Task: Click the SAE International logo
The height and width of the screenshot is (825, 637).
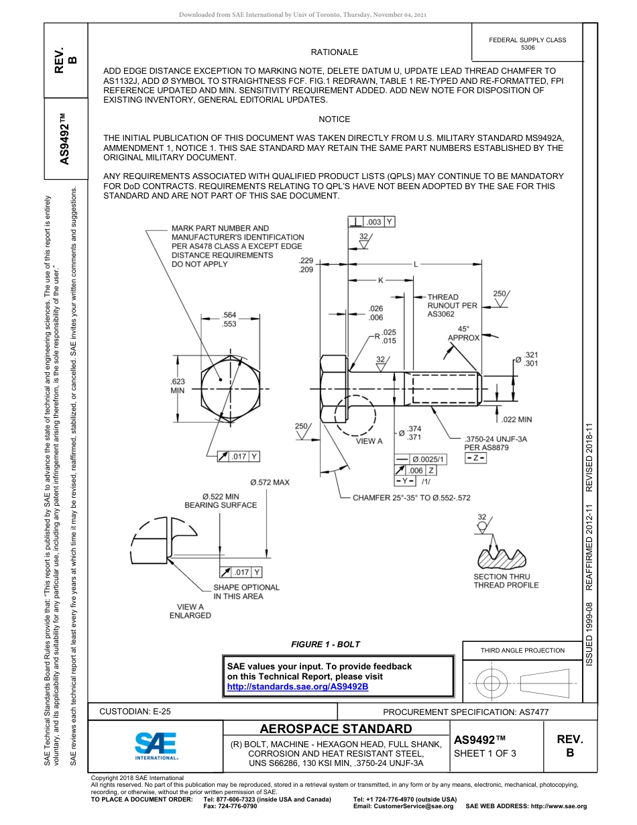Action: [x=156, y=745]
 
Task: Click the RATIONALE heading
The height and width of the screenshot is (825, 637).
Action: [x=334, y=52]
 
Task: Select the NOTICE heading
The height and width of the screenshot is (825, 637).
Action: [x=334, y=119]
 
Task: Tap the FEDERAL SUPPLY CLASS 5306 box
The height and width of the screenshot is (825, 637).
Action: [x=527, y=44]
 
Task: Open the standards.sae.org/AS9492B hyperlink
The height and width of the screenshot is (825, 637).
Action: [x=297, y=687]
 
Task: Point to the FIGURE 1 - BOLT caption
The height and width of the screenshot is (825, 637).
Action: [x=325, y=644]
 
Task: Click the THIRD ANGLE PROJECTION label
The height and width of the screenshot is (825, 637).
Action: [x=522, y=650]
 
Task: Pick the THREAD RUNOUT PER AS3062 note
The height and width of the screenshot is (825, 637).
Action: [x=453, y=305]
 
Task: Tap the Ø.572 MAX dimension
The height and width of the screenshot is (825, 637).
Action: [x=270, y=482]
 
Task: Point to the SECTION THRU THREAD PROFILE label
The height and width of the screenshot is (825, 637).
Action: [x=506, y=581]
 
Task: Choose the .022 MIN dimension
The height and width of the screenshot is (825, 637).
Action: [x=516, y=419]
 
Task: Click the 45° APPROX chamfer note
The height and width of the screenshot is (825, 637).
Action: [x=463, y=333]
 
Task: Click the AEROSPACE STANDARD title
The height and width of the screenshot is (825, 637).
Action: [x=336, y=729]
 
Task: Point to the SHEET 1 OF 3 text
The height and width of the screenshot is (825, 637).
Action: [x=485, y=753]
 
